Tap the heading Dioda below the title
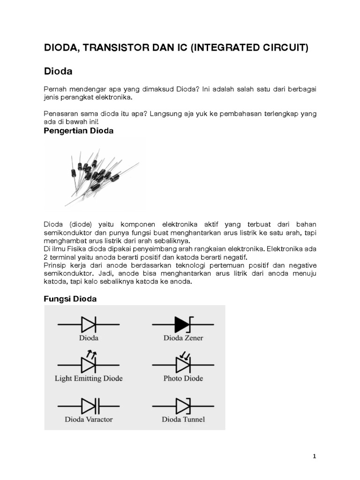[x=59, y=72]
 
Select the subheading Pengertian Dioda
[x=78, y=131]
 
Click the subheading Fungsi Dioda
[x=70, y=299]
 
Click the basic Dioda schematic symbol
[x=88, y=324]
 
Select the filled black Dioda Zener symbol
[x=183, y=324]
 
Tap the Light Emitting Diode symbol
[x=88, y=364]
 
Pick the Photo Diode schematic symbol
[x=183, y=364]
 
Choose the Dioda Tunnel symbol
[x=183, y=405]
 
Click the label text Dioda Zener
[x=183, y=337]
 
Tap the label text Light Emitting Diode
[x=89, y=378]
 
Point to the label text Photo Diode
[x=183, y=378]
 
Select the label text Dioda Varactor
[x=89, y=419]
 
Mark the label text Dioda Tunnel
[x=183, y=419]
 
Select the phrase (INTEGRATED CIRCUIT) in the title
[x=249, y=48]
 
